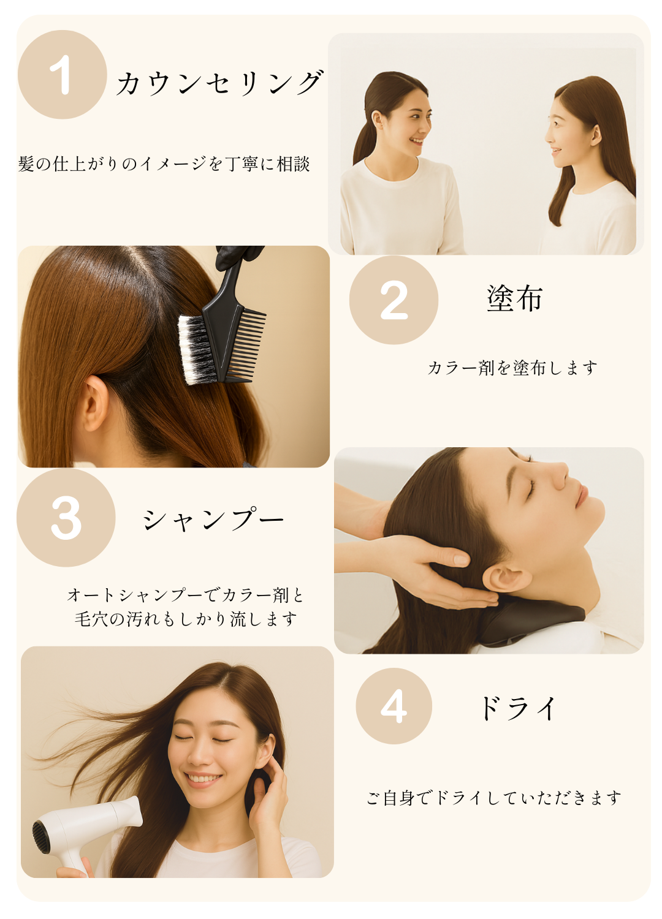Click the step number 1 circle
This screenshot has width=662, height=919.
[x=63, y=74]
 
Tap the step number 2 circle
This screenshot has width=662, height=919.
[x=394, y=300]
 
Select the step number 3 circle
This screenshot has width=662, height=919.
[x=66, y=518]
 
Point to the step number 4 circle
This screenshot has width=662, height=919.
[x=394, y=706]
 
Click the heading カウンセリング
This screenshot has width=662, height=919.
[x=219, y=83]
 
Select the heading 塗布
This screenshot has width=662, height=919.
[x=515, y=298]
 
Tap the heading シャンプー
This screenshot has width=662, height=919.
[x=213, y=519]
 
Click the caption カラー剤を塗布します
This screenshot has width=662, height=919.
[x=512, y=368]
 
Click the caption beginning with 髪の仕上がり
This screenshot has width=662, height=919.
[x=164, y=164]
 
